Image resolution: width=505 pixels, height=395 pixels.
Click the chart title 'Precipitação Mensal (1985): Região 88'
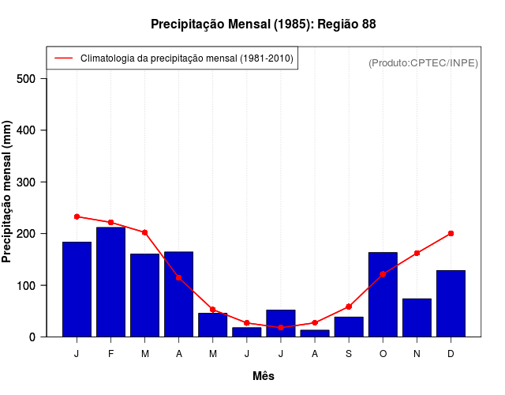click(263, 24)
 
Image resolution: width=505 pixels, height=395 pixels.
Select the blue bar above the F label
click(110, 282)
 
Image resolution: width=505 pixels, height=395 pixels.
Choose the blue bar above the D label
click(451, 303)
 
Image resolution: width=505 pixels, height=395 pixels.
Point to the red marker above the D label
click(451, 233)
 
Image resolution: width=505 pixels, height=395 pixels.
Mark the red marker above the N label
click(417, 253)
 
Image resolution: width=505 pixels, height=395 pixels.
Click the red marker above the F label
click(110, 222)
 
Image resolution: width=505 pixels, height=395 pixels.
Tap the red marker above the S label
click(349, 307)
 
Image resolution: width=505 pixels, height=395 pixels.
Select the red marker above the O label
click(383, 274)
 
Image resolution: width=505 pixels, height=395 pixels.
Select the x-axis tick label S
click(349, 354)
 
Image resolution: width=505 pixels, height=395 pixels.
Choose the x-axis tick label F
click(110, 354)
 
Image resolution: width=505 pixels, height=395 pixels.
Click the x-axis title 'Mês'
click(264, 376)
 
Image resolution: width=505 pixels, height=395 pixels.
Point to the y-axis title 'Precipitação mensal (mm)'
click(8, 192)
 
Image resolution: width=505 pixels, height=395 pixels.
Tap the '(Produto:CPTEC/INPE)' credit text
click(423, 62)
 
